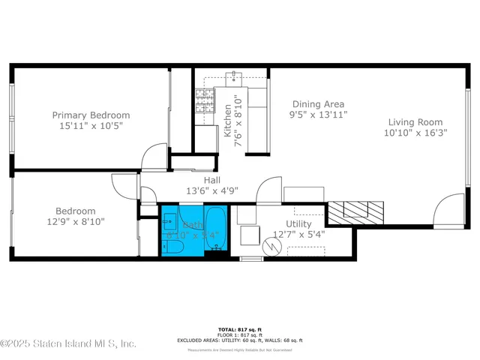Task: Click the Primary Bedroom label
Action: tap(91, 115)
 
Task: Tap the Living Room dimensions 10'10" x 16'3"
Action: tap(415, 133)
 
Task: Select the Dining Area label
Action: tap(317, 103)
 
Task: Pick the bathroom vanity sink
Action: tap(169, 222)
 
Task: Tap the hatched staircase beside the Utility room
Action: tap(356, 211)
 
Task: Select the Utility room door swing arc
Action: tap(268, 193)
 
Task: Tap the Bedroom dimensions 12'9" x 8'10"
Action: tap(75, 222)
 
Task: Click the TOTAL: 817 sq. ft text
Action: tap(239, 330)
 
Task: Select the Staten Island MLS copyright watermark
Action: tap(68, 343)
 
